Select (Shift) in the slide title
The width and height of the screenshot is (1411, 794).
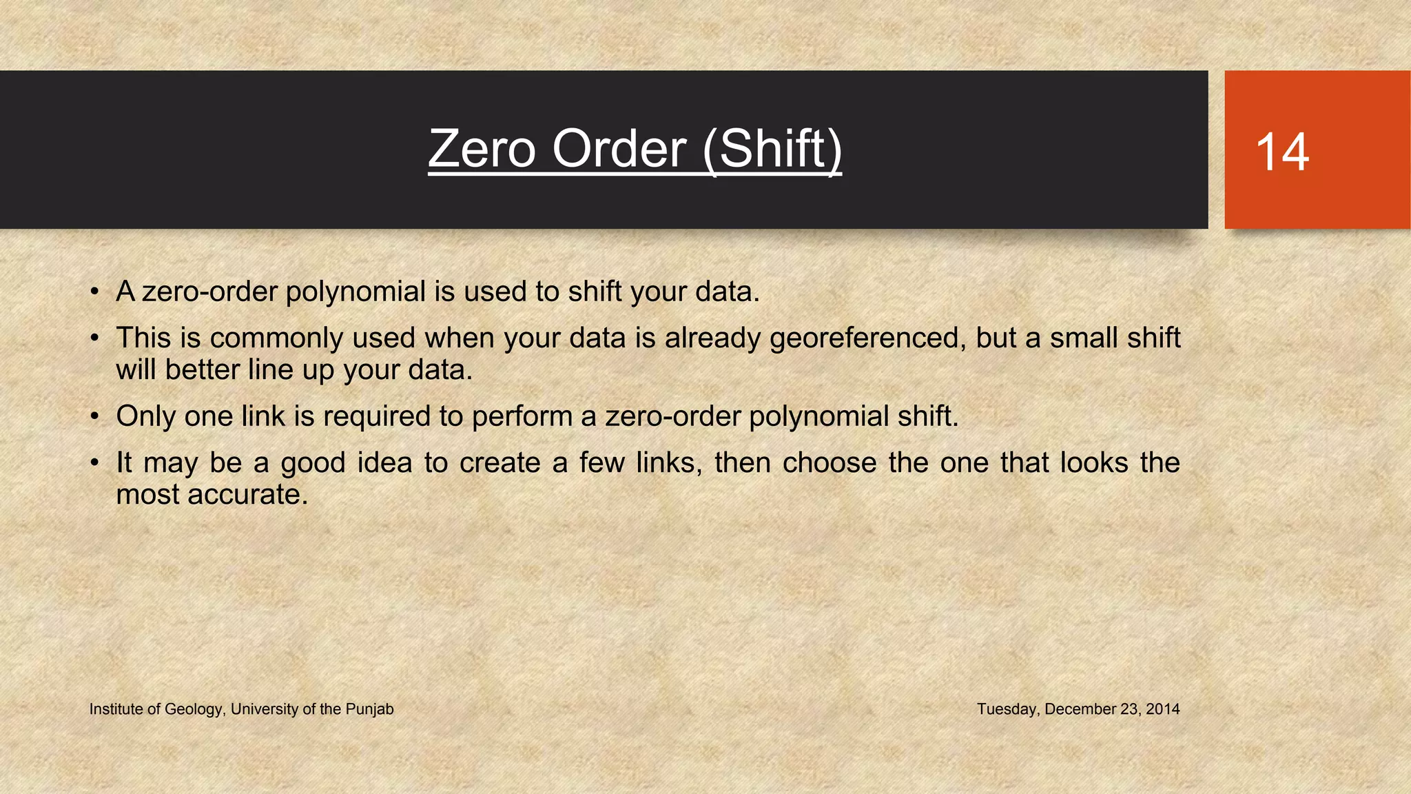pos(772,150)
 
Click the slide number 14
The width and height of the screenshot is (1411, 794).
pos(1282,152)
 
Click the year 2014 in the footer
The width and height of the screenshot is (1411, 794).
pos(1163,709)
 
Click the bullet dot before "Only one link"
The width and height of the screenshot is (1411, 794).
pos(95,417)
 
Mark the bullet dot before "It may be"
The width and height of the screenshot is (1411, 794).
pos(95,463)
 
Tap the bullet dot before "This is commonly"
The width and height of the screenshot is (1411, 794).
pos(95,338)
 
